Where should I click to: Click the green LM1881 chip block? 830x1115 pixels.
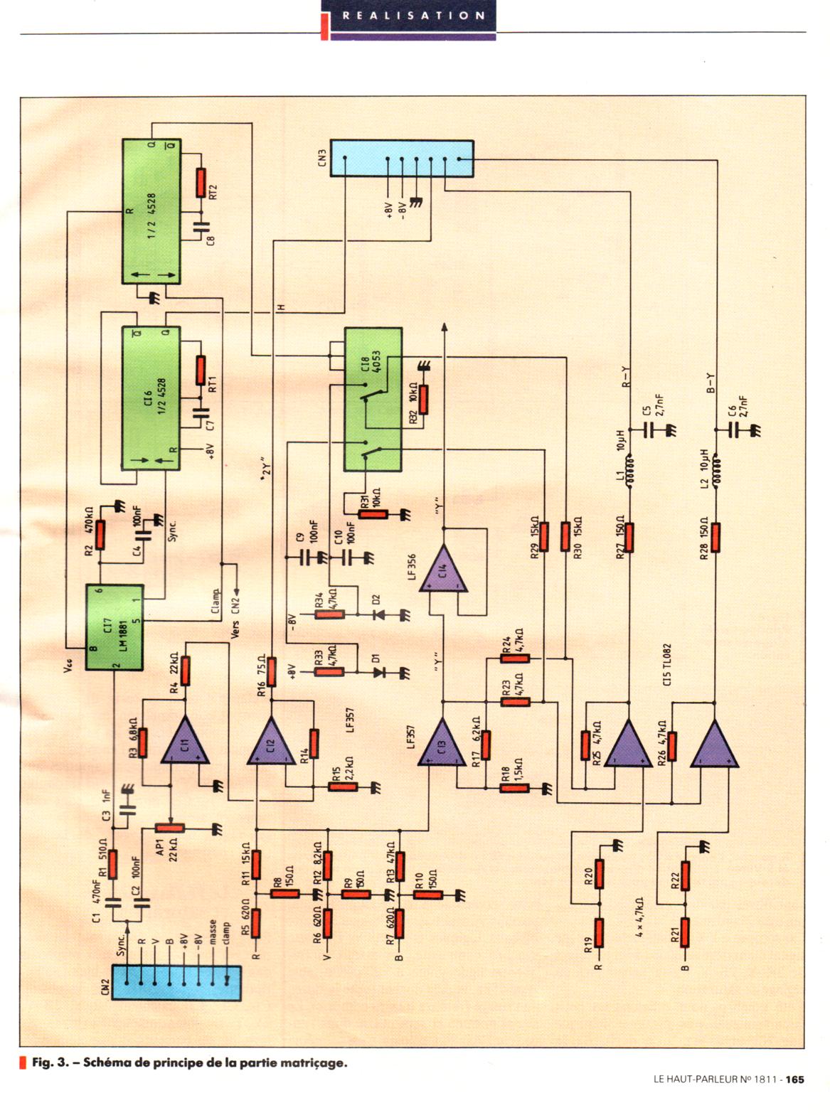(x=115, y=627)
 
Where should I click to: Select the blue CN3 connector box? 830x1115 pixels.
(x=401, y=159)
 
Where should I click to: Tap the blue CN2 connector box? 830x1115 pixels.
(x=176, y=982)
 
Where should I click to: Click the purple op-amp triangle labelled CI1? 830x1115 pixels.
(x=185, y=740)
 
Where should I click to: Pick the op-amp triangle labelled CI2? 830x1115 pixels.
(x=271, y=740)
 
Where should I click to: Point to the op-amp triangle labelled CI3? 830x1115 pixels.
(x=442, y=742)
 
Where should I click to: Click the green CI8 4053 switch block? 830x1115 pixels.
(x=373, y=399)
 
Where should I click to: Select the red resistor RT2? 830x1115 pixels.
(x=201, y=183)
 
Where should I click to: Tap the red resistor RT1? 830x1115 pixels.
(x=201, y=370)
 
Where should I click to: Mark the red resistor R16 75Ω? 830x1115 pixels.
(x=271, y=671)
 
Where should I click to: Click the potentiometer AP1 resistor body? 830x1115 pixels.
(x=169, y=828)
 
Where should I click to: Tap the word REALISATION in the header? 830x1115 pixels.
(x=413, y=15)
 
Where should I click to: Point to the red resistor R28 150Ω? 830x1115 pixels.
(x=715, y=538)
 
